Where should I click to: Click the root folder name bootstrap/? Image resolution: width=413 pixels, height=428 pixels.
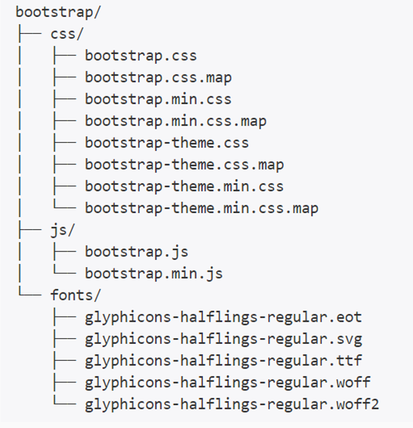[58, 12]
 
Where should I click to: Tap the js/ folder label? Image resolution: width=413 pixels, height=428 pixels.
[63, 230]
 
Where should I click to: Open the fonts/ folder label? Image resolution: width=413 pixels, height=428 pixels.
[76, 295]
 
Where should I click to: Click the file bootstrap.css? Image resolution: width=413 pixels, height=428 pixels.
[140, 56]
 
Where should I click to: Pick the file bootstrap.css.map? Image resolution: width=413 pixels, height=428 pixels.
[158, 78]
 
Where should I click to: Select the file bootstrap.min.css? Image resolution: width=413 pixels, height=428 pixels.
[158, 100]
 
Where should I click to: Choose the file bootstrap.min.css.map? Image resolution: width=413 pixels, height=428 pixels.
[176, 121]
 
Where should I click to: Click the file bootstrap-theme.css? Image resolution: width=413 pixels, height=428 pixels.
[166, 143]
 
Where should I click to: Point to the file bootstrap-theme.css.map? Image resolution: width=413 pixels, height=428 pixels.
[184, 165]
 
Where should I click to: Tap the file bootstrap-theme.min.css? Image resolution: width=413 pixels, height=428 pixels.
[184, 186]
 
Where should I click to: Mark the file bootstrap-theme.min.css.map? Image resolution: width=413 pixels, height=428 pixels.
[202, 208]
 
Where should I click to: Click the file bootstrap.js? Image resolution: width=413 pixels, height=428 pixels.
[136, 251]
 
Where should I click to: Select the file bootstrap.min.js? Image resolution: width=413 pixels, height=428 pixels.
[153, 274]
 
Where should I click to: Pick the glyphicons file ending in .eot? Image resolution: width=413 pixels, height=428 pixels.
[223, 317]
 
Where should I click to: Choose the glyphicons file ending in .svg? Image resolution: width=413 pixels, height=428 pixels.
[223, 339]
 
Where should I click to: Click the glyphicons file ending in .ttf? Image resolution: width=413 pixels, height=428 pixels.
[223, 361]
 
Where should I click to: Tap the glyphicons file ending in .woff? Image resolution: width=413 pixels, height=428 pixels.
[228, 382]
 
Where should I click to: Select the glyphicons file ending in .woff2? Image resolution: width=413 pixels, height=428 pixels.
[232, 405]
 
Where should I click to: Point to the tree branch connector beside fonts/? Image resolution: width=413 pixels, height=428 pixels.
[30, 294]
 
